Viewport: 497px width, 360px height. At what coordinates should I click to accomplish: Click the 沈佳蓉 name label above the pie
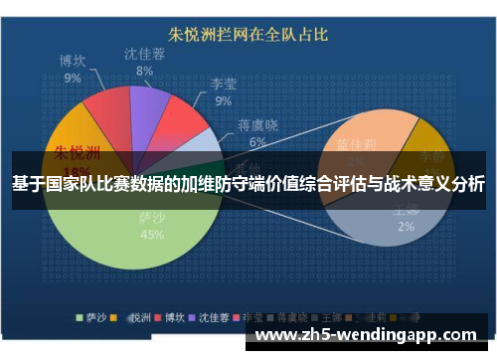145,54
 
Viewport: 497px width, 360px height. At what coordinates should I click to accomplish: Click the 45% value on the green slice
152,235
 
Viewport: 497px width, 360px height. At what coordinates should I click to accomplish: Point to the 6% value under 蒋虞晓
257,142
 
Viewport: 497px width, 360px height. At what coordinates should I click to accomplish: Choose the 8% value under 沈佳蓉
145,71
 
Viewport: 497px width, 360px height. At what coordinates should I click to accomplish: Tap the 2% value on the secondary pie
407,226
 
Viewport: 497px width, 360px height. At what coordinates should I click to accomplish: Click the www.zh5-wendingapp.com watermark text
369,335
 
